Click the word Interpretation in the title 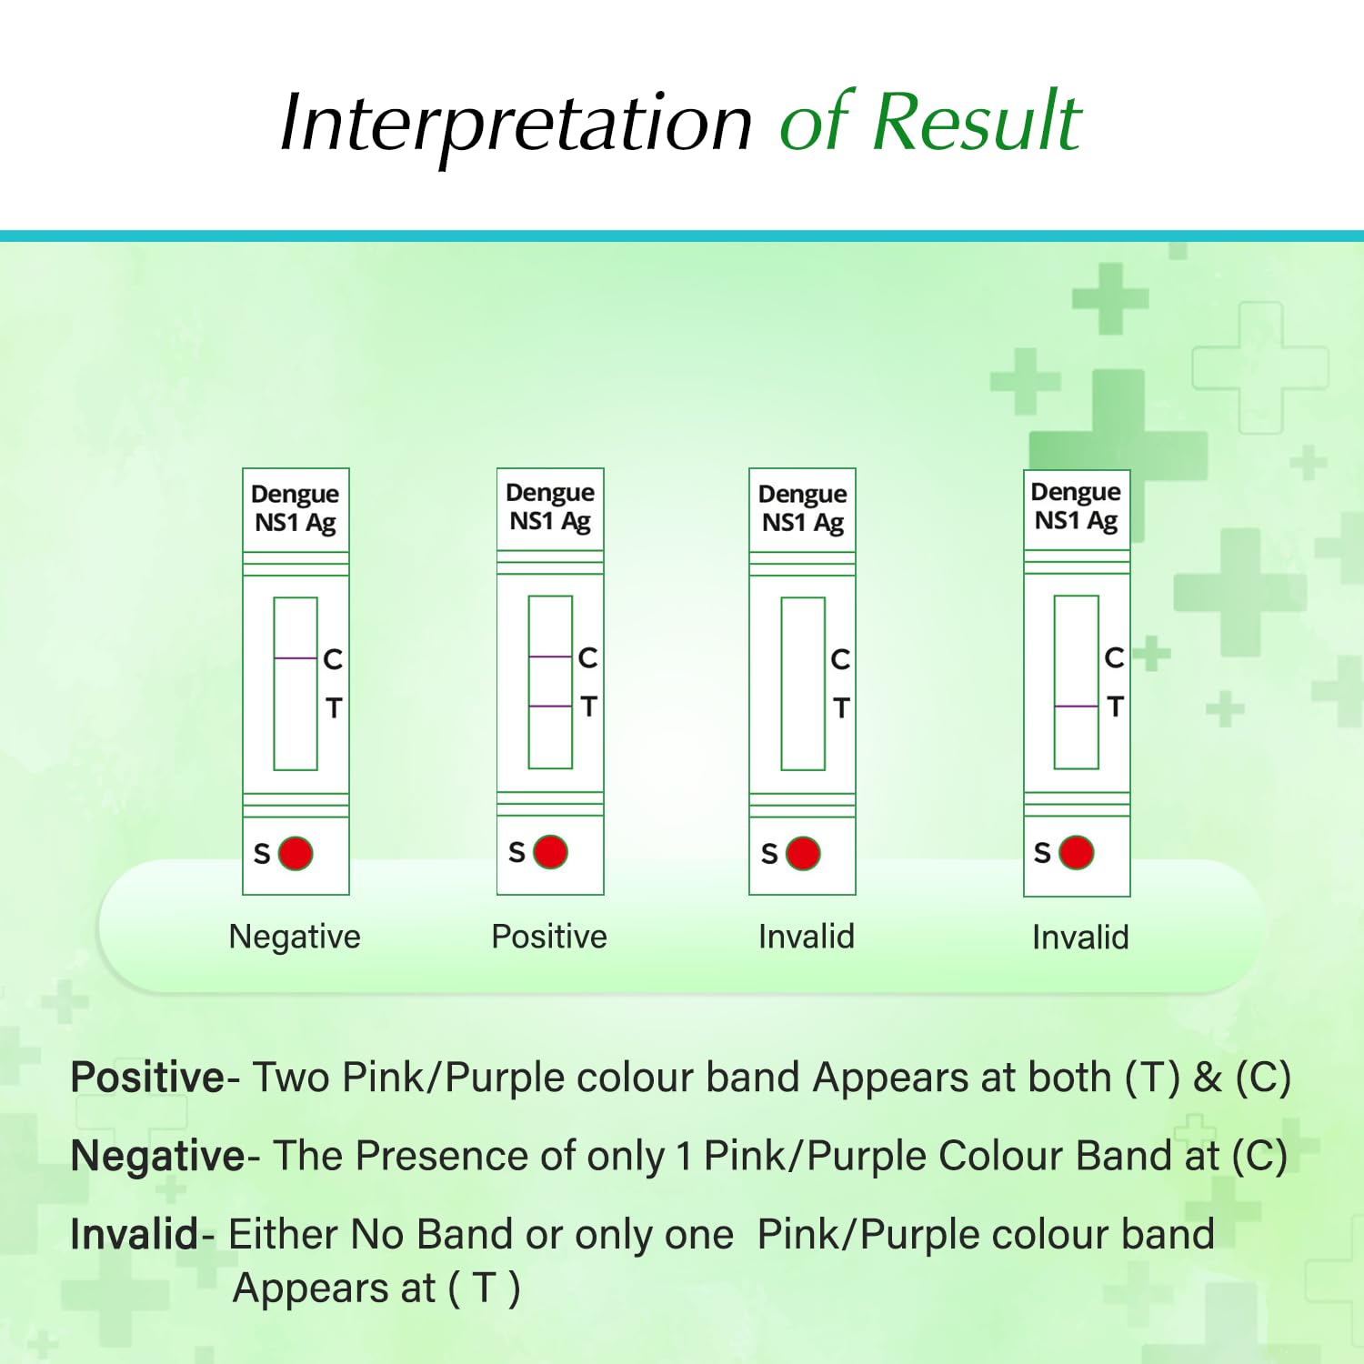(x=516, y=124)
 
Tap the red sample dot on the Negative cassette (x=296, y=854)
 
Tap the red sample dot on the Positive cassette (x=550, y=852)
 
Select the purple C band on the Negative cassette (x=296, y=657)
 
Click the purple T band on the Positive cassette (x=550, y=706)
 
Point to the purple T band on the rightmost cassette (x=1077, y=706)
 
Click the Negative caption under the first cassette (x=295, y=937)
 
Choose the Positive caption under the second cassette (x=549, y=937)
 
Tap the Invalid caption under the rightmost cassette (x=1080, y=938)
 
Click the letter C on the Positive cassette (x=588, y=657)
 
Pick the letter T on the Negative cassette (x=334, y=707)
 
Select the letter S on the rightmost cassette (x=1042, y=853)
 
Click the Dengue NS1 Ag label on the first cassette (x=296, y=508)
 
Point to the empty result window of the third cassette (x=803, y=684)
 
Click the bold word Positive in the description (x=147, y=1078)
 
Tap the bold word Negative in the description (x=157, y=1157)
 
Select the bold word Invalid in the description (x=135, y=1235)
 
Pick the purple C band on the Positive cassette (x=550, y=657)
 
